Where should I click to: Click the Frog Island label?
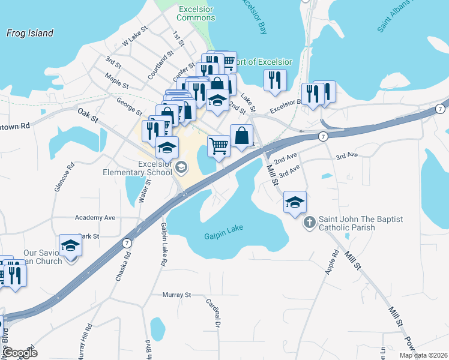[30, 34]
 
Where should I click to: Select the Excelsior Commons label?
[196, 13]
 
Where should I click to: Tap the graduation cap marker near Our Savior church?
[70, 245]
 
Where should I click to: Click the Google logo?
[19, 353]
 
